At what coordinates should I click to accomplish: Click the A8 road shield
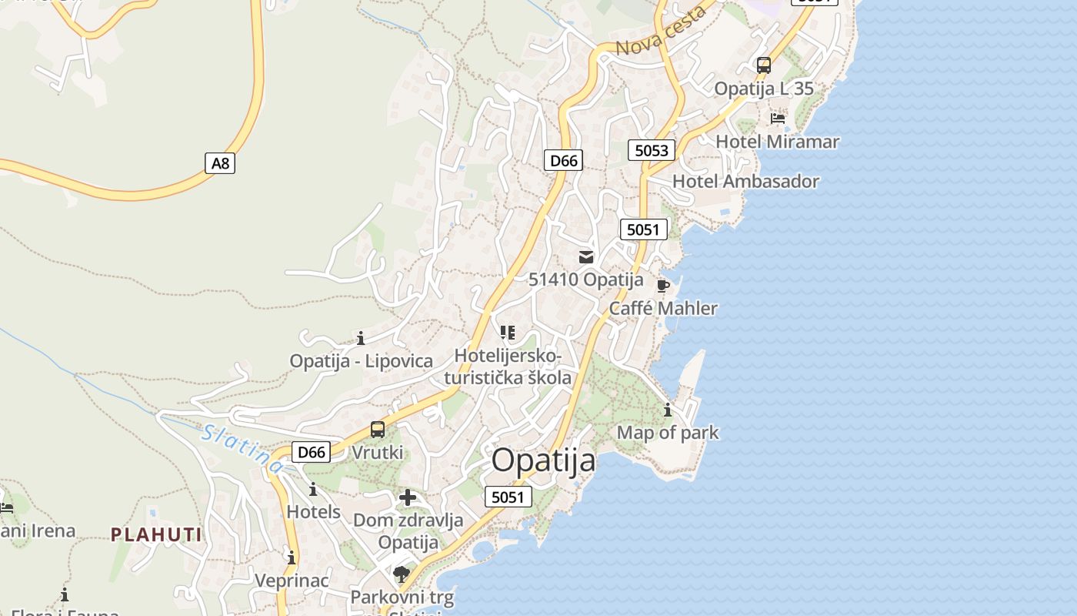pyautogui.click(x=220, y=163)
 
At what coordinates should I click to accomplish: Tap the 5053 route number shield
pyautogui.click(x=652, y=150)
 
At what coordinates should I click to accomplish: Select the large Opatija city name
pyautogui.click(x=543, y=460)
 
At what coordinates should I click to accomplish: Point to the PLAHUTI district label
pyautogui.click(x=156, y=534)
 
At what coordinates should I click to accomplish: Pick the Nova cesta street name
pyautogui.click(x=662, y=32)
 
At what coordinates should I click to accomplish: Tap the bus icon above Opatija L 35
pyautogui.click(x=764, y=65)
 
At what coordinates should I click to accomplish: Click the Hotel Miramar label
pyautogui.click(x=777, y=142)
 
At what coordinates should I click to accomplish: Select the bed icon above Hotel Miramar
pyautogui.click(x=778, y=119)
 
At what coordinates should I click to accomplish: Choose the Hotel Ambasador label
pyautogui.click(x=745, y=182)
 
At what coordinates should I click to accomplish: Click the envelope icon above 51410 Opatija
pyautogui.click(x=586, y=257)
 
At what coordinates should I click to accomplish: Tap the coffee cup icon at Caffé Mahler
pyautogui.click(x=662, y=286)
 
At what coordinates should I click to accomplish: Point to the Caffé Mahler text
pyautogui.click(x=662, y=309)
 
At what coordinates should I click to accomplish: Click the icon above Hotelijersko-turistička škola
pyautogui.click(x=507, y=333)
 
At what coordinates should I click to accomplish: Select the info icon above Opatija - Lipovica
pyautogui.click(x=361, y=338)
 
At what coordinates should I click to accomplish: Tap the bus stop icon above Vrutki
pyautogui.click(x=377, y=430)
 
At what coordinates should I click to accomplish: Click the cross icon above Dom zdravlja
pyautogui.click(x=408, y=497)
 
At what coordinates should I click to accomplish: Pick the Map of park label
pyautogui.click(x=667, y=433)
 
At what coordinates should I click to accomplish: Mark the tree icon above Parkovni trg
pyautogui.click(x=401, y=574)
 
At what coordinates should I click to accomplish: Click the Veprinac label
pyautogui.click(x=292, y=581)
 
